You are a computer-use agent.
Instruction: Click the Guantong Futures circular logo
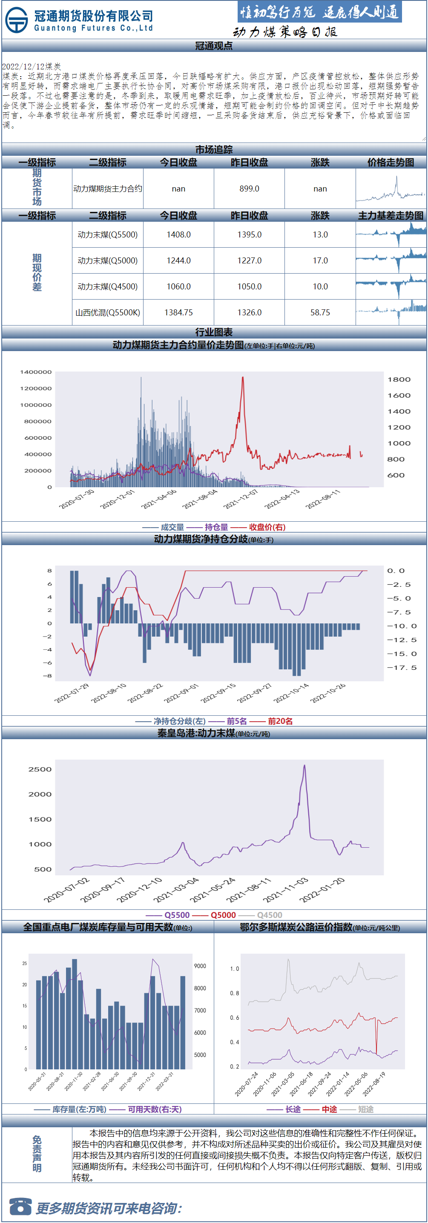click(x=17, y=20)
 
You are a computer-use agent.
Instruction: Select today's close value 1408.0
click(x=178, y=234)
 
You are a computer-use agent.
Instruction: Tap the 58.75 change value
click(x=320, y=312)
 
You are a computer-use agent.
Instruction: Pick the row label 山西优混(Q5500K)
click(x=108, y=312)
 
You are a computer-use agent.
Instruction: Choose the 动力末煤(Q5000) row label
click(x=108, y=261)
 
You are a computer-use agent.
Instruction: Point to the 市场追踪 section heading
click(x=214, y=149)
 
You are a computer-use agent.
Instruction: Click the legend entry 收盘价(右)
click(x=267, y=527)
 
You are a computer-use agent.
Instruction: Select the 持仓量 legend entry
click(x=216, y=527)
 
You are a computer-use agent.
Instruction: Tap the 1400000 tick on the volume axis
click(x=36, y=372)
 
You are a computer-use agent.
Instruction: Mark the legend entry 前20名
click(x=280, y=721)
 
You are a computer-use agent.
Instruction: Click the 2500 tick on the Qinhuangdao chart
click(x=40, y=769)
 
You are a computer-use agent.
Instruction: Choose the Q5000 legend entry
click(x=223, y=915)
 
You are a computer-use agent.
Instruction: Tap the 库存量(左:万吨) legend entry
click(x=79, y=1109)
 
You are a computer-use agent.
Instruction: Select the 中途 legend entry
click(x=329, y=1109)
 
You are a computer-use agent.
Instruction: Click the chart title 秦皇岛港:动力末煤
click(x=196, y=733)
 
